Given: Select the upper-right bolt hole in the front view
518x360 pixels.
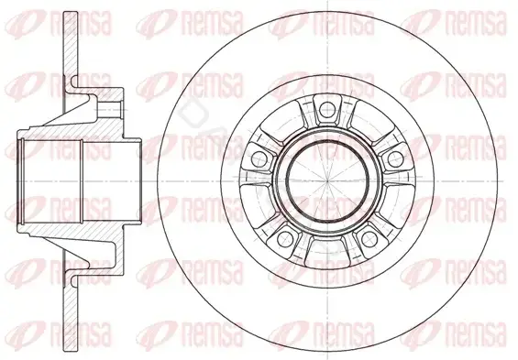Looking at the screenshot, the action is pos(395,158).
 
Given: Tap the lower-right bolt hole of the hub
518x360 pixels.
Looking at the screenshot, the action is pos(369,238).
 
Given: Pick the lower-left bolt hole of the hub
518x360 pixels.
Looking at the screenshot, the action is pos(285,238).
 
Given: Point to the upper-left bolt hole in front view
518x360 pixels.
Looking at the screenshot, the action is pos(259,158).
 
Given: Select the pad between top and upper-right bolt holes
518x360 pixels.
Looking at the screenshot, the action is pos(370,122).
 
